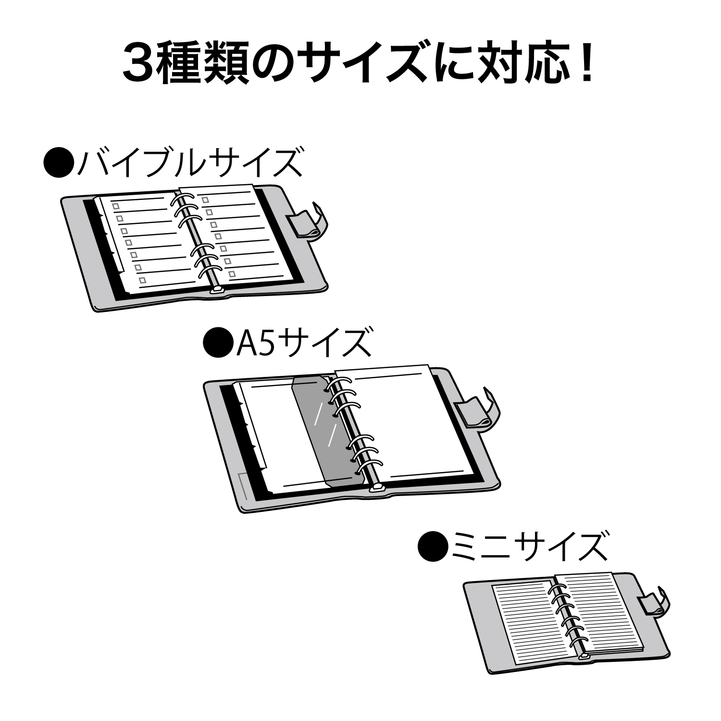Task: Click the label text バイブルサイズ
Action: pos(189,163)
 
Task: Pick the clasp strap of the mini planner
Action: pos(654,601)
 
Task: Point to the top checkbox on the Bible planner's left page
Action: pos(115,206)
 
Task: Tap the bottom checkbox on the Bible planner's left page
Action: pos(142,280)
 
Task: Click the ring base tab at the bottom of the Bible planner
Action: pos(217,290)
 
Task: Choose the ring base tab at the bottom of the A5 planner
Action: pos(377,489)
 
